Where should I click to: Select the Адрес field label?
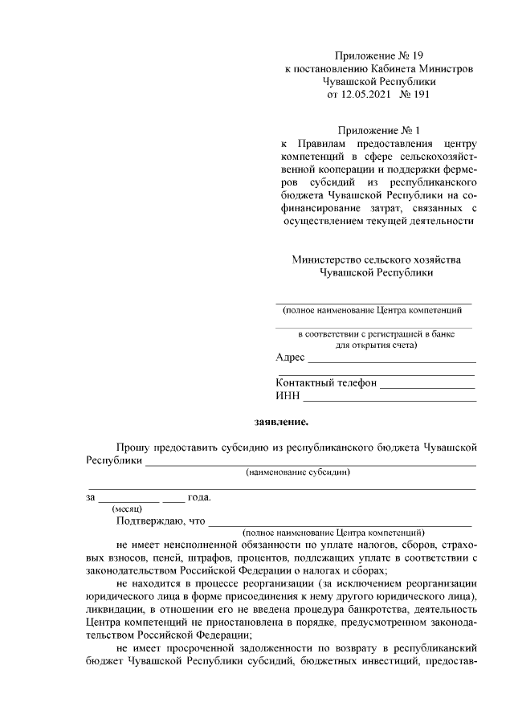coord(290,357)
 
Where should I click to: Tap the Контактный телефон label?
coord(326,383)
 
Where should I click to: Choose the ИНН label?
coord(288,396)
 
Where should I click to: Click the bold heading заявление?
coord(280,420)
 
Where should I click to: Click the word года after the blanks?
coord(199,496)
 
